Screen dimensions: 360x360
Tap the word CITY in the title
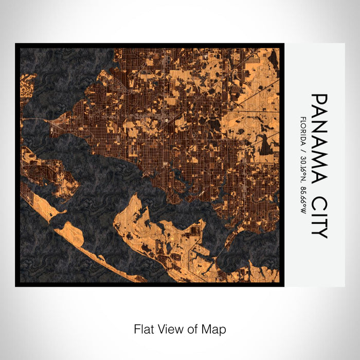click(x=319, y=218)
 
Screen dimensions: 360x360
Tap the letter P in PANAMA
click(x=319, y=99)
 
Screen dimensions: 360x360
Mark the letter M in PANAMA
click(x=319, y=152)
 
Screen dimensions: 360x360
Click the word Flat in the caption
click(x=145, y=329)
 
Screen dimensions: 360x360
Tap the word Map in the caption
click(x=216, y=329)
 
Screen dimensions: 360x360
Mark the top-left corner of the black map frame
click(x=16, y=44)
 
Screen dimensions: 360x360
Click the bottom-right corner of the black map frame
click(x=283, y=285)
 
